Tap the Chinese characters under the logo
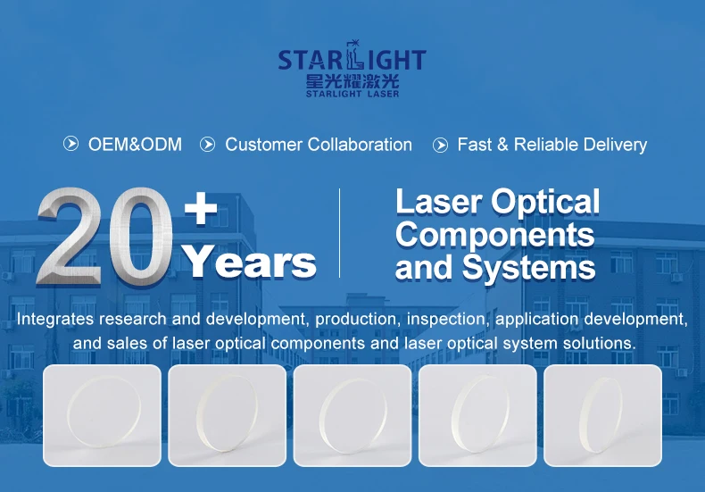(x=352, y=81)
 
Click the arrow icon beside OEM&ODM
(x=71, y=144)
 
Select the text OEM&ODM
(x=135, y=145)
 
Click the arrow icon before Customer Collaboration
(x=207, y=145)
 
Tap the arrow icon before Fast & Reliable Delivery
(x=440, y=145)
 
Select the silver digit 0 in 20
(x=141, y=237)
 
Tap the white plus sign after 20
(x=201, y=208)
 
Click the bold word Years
(x=250, y=262)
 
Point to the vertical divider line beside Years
(x=339, y=233)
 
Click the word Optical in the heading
(x=545, y=204)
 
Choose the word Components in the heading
(x=495, y=235)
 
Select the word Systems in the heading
(x=528, y=269)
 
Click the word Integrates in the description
(x=55, y=319)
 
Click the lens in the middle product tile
(x=352, y=415)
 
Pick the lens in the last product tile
(x=601, y=415)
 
